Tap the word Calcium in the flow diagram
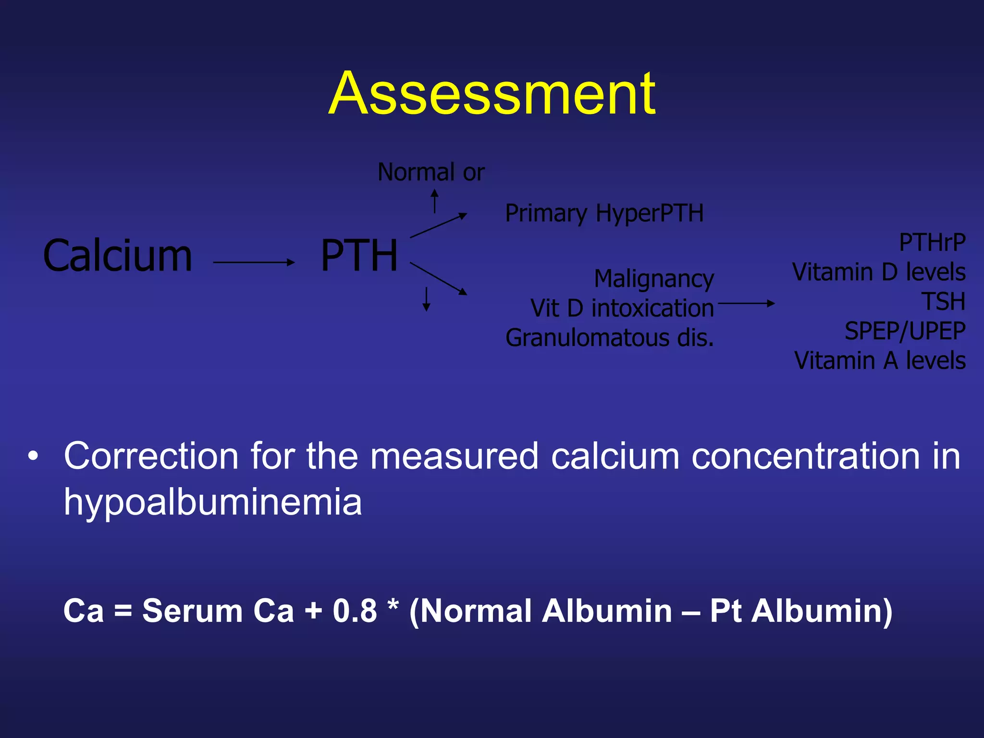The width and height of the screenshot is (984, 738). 118,256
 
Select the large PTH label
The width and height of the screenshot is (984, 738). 359,256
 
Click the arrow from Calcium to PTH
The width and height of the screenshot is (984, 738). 253,262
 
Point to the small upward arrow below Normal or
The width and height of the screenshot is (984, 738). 434,201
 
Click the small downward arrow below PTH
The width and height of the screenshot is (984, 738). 426,299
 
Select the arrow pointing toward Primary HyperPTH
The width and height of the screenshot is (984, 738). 438,225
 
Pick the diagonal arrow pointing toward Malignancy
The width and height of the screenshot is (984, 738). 438,278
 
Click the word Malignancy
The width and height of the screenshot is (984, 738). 654,279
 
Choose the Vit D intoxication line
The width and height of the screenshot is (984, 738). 622,308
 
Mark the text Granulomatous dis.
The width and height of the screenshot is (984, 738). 610,338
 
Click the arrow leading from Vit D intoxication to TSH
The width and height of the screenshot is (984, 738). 746,303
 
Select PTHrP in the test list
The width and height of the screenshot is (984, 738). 932,243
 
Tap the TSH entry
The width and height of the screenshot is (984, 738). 943,302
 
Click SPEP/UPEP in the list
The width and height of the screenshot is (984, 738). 905,331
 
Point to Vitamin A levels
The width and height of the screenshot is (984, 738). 880,360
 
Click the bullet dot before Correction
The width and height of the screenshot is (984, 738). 33,456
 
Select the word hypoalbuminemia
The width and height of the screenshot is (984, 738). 213,502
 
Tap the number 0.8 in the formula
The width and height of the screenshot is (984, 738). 355,611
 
